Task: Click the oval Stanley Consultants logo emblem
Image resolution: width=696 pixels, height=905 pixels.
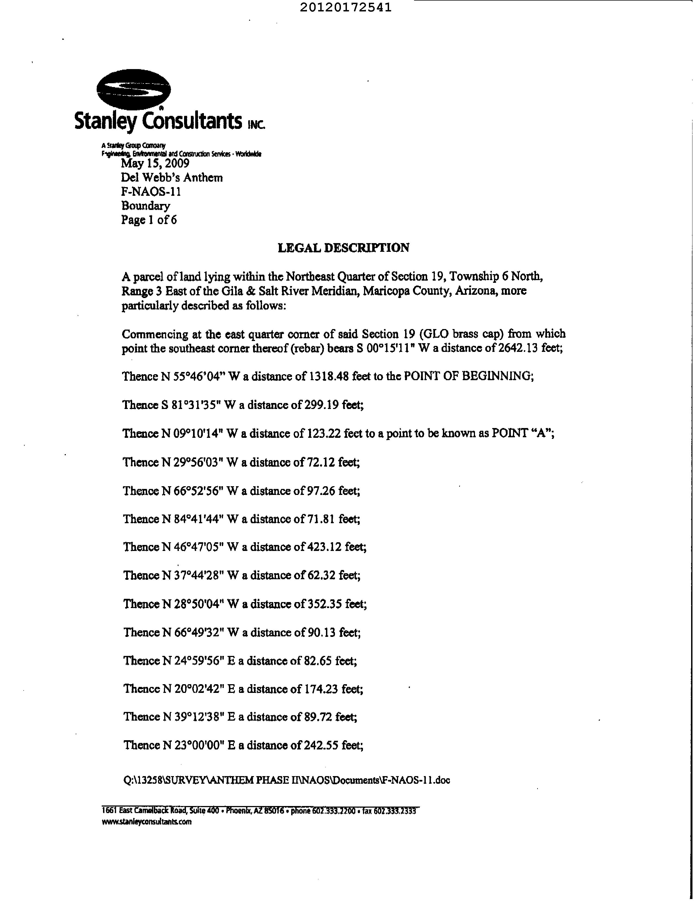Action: tap(133, 89)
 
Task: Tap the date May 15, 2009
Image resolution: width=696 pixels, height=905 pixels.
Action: tap(155, 163)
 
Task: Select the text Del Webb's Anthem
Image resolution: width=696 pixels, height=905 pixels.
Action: tap(172, 178)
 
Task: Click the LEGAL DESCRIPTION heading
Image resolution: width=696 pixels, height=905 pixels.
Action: tap(343, 248)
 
